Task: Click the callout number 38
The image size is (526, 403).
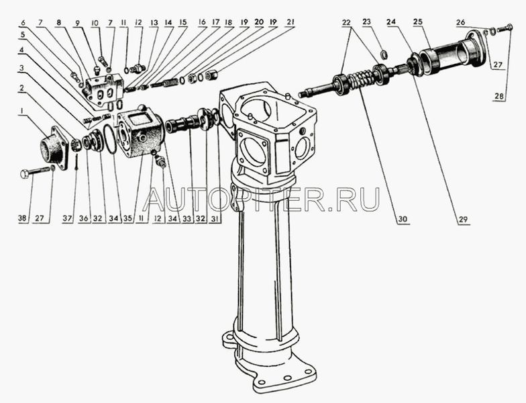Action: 23,219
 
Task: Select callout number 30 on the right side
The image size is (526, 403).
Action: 403,220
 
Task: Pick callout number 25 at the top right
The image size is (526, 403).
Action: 417,22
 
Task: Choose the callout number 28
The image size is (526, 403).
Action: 499,96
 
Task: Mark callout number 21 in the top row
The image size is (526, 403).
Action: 291,22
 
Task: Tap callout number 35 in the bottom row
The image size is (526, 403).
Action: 127,219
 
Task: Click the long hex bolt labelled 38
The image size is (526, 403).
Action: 34,172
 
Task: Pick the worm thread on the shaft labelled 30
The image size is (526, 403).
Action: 362,79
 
